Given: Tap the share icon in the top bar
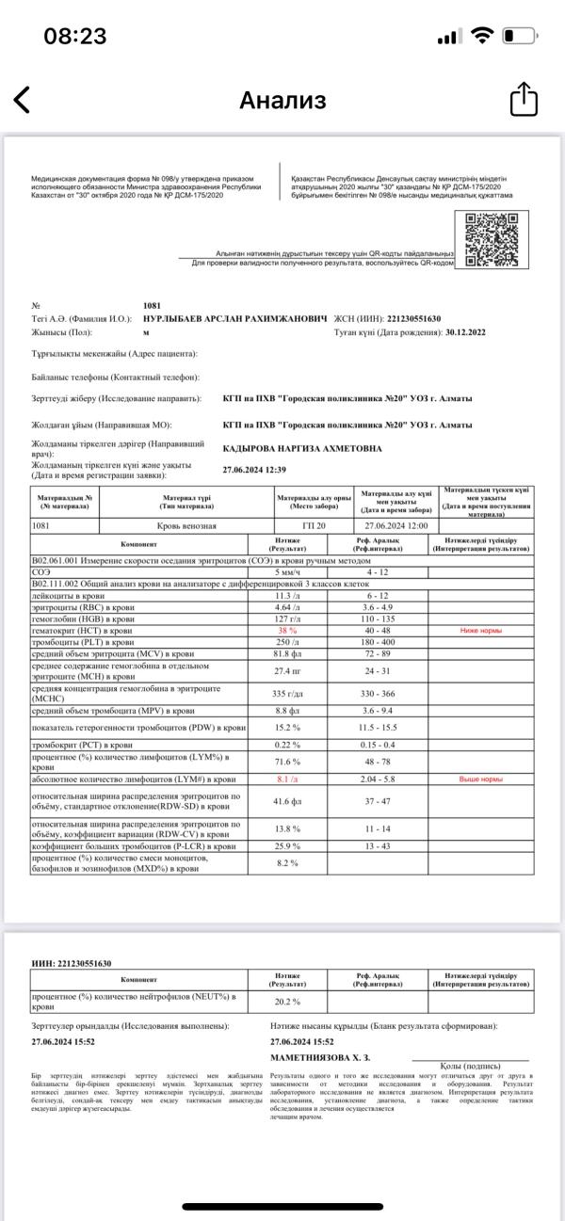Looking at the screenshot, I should click(523, 99).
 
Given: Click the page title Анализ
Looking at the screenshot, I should click(282, 100).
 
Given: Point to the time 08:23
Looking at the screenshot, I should click(75, 36).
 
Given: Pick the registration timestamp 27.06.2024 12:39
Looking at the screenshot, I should click(254, 469).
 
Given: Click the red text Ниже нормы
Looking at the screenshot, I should click(481, 602).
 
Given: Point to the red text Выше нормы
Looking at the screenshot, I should click(481, 780).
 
